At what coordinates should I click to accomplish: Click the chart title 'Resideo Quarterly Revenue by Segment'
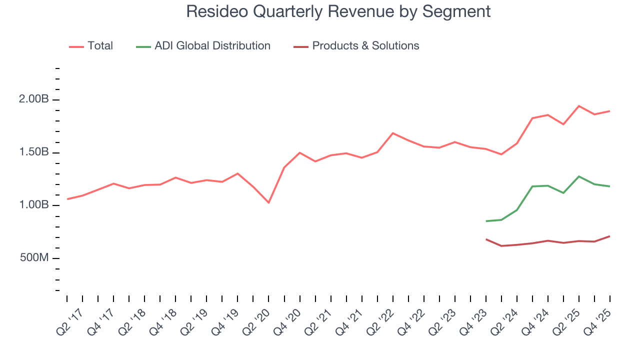338,11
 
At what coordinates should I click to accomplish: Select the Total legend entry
100,46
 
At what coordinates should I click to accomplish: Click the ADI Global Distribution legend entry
212,46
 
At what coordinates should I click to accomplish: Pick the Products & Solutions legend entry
365,46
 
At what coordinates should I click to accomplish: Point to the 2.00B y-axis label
34,99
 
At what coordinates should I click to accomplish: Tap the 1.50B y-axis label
34,152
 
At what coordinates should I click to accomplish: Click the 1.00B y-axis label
34,205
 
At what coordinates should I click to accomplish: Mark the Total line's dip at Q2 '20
268,202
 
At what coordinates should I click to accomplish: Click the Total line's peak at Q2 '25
578,106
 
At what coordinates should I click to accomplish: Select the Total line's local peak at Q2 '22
392,133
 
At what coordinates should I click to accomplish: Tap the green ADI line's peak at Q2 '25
578,176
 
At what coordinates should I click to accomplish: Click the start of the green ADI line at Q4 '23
486,221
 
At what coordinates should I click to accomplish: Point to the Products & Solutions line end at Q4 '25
609,236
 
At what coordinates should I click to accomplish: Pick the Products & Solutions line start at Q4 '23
486,239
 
